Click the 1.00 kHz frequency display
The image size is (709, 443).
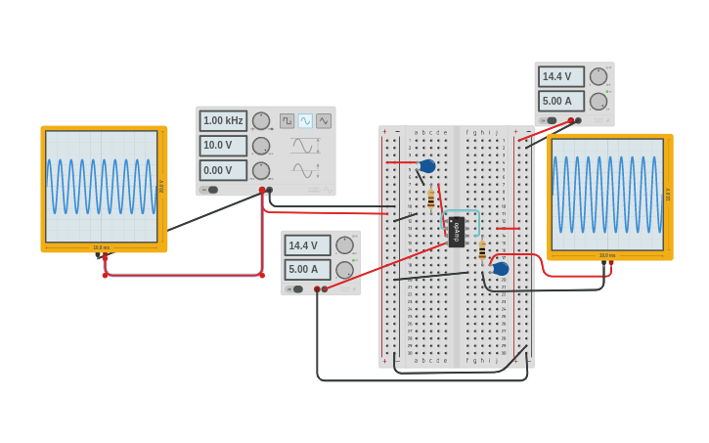(223, 120)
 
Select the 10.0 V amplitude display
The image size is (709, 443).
(223, 145)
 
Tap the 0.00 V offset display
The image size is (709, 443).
(223, 170)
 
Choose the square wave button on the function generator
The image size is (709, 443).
(287, 120)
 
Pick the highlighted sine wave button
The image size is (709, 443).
(305, 120)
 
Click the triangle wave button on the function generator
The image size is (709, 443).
(324, 120)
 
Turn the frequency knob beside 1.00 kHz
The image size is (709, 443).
(261, 120)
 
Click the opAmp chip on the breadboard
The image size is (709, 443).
(456, 231)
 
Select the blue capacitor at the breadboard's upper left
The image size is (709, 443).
(427, 166)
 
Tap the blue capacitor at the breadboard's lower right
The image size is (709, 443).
(501, 269)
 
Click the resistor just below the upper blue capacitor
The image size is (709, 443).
(431, 199)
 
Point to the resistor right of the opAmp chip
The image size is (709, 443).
(482, 249)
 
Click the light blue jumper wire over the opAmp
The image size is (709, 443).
(462, 210)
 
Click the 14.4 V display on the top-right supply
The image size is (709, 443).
(560, 76)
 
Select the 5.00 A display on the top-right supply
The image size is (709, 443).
(560, 101)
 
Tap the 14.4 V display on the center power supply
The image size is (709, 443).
(307, 245)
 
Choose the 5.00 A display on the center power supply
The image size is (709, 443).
(307, 269)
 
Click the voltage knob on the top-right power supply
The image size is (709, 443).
(598, 76)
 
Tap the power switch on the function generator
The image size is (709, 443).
(211, 190)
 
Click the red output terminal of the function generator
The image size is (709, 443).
(262, 190)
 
